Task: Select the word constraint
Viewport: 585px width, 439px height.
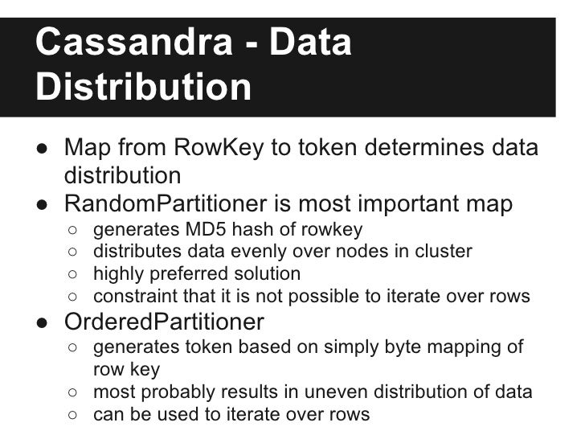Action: click(x=133, y=296)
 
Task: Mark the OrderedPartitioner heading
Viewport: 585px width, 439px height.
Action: click(x=164, y=322)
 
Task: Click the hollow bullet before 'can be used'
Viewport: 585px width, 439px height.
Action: click(x=73, y=415)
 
